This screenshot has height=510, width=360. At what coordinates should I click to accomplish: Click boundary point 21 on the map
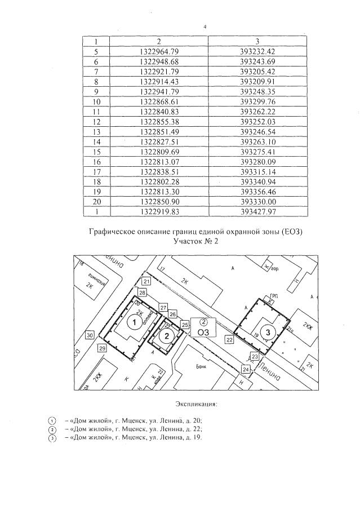coord(146,281)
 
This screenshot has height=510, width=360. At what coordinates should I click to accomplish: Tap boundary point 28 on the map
coord(143,293)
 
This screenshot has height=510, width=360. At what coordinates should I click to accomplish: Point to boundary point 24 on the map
coord(246,369)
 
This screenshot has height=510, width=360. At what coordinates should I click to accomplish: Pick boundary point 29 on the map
coord(102,349)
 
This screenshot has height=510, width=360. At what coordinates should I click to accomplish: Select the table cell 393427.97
coord(257,212)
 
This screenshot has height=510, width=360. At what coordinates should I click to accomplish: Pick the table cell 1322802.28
coord(158,182)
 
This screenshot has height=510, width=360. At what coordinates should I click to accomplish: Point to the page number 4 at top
coord(205,26)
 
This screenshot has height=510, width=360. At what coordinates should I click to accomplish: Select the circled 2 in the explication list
coord(52,429)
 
